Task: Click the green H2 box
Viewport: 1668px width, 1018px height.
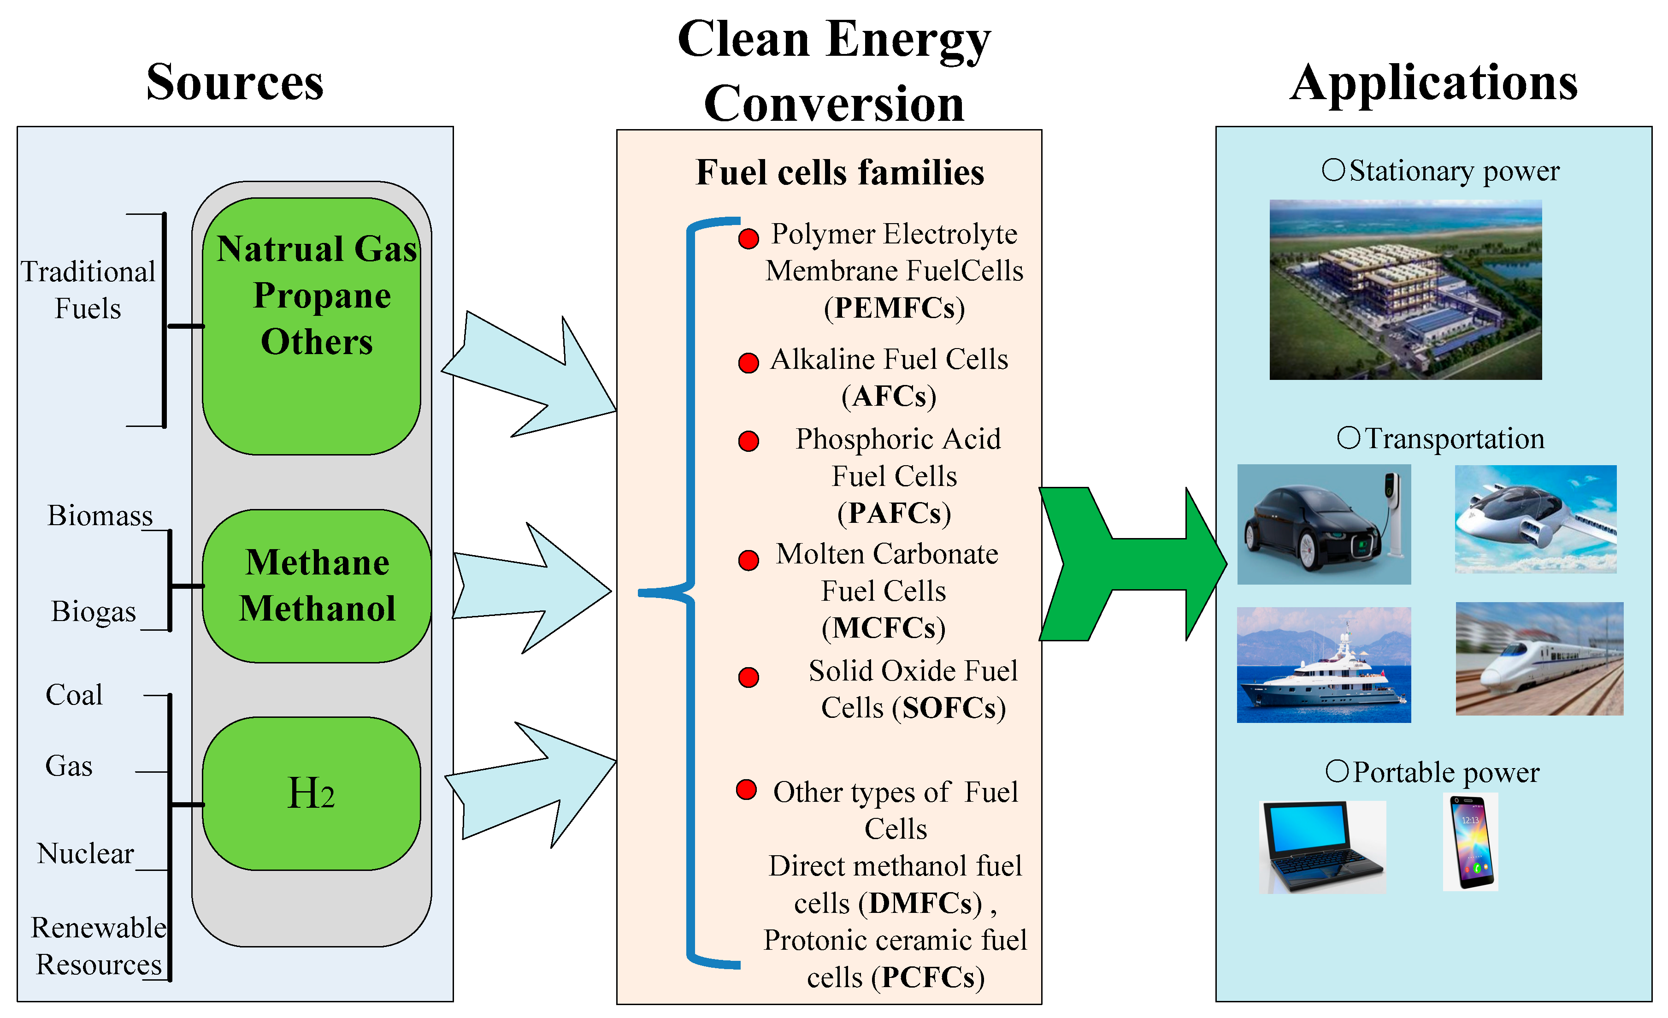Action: coord(312,794)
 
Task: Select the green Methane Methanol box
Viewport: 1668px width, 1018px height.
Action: coord(317,586)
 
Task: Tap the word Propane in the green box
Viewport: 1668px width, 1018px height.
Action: coord(322,296)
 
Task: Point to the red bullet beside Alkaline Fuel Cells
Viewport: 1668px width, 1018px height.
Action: coord(748,363)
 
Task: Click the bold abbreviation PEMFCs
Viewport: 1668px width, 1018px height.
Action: coord(894,308)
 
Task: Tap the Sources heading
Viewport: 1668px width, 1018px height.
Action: coord(235,82)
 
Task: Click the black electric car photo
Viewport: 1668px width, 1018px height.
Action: coord(1323,524)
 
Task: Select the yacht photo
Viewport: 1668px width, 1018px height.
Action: coord(1323,665)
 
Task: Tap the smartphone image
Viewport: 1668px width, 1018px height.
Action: coord(1470,842)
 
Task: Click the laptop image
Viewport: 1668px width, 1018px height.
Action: coord(1321,846)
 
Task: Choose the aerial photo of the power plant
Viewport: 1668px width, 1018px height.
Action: coord(1405,290)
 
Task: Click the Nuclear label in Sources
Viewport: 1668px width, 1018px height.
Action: coord(85,853)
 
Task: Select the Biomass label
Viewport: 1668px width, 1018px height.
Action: coord(100,515)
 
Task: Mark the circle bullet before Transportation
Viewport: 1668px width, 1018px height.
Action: coord(1348,438)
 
